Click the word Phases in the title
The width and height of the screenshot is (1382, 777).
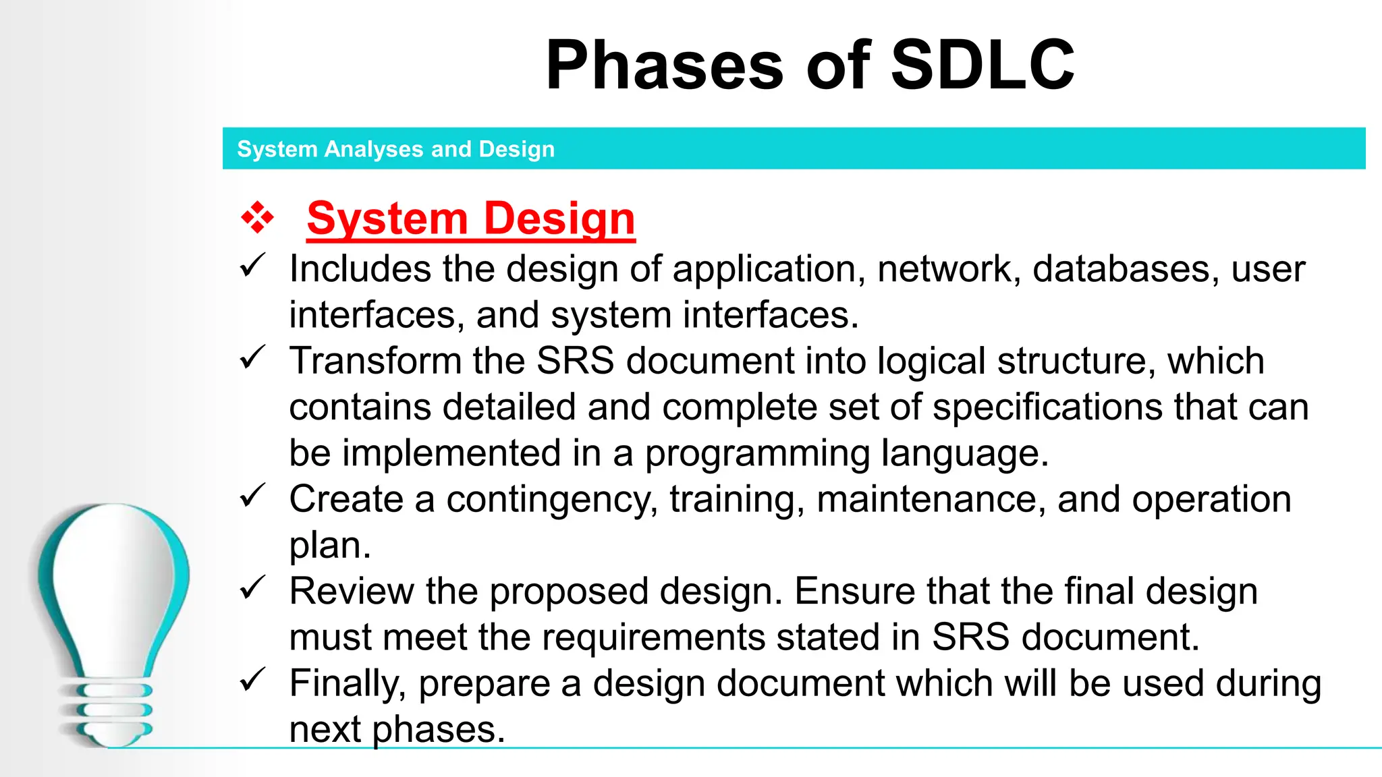665,65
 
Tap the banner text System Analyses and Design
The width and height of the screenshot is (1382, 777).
395,149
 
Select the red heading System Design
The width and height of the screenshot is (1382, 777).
470,219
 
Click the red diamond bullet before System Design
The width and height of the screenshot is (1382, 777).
257,218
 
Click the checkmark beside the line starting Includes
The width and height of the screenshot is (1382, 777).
253,266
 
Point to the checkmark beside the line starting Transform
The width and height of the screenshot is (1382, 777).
253,357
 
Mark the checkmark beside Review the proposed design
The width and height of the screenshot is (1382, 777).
253,587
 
